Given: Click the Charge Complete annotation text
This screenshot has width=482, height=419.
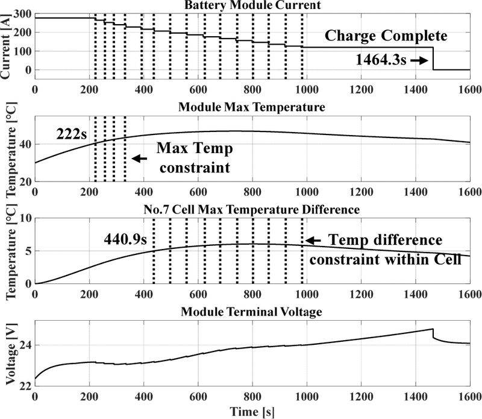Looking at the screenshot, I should pos(386,36).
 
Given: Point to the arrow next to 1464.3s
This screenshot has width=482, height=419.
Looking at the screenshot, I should pos(422,61).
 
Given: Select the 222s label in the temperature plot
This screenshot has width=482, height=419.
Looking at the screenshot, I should pos(72,132).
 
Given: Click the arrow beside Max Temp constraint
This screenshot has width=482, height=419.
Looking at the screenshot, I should pos(139,158).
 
